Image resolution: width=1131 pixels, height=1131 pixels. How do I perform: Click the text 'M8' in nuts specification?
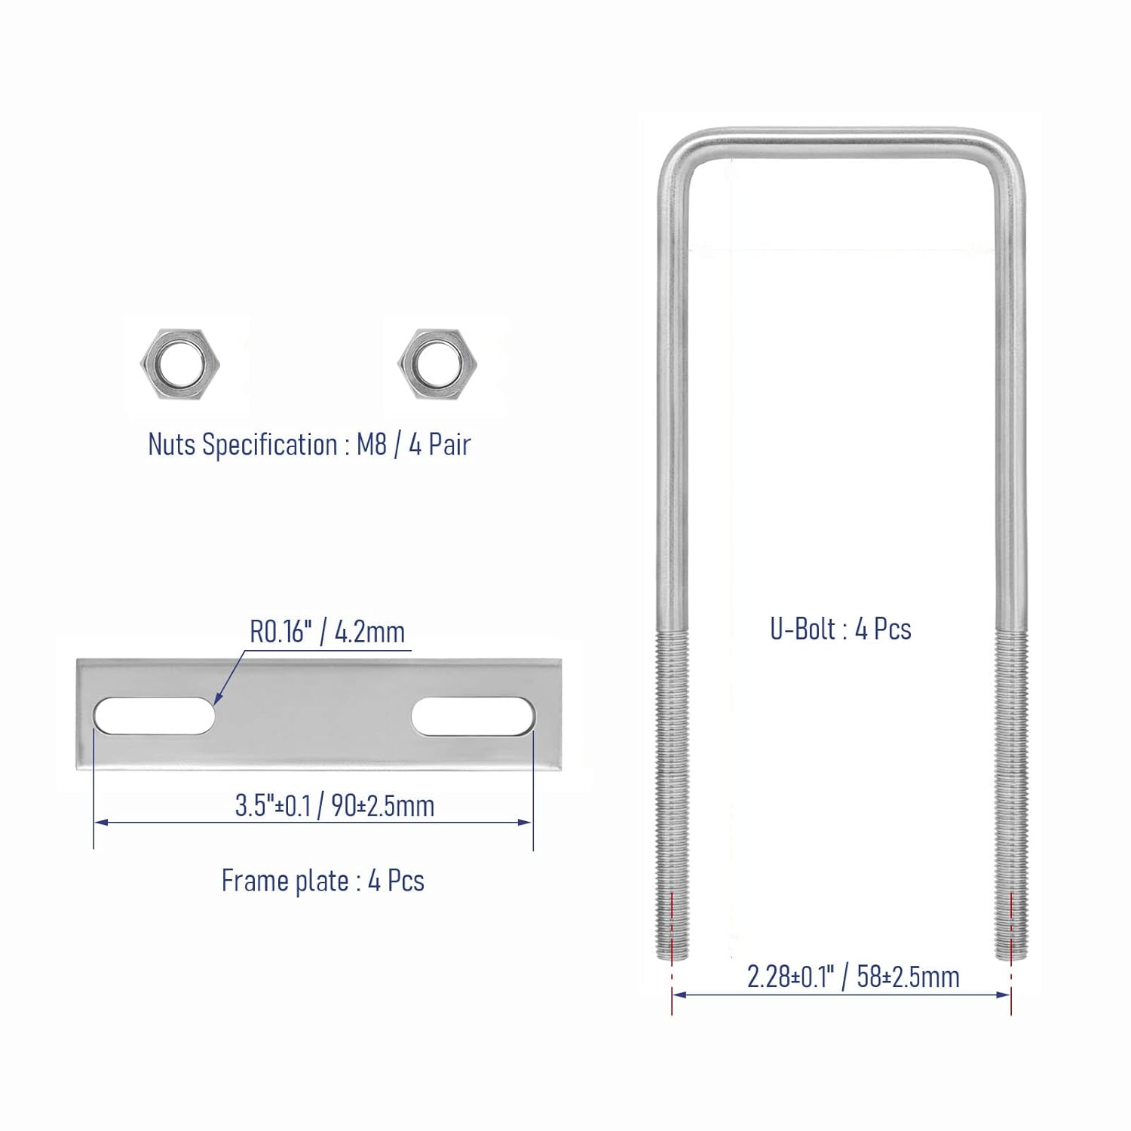[371, 444]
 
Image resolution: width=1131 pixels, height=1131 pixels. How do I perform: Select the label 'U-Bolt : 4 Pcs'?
[840, 629]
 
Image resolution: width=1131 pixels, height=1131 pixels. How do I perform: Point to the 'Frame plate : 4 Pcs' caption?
[323, 881]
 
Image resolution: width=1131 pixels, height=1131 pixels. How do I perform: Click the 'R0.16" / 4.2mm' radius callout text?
[327, 632]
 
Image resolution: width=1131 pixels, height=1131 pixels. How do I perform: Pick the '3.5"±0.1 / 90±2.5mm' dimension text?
[335, 805]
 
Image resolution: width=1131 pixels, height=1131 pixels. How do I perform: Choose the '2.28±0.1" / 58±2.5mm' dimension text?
[853, 976]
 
